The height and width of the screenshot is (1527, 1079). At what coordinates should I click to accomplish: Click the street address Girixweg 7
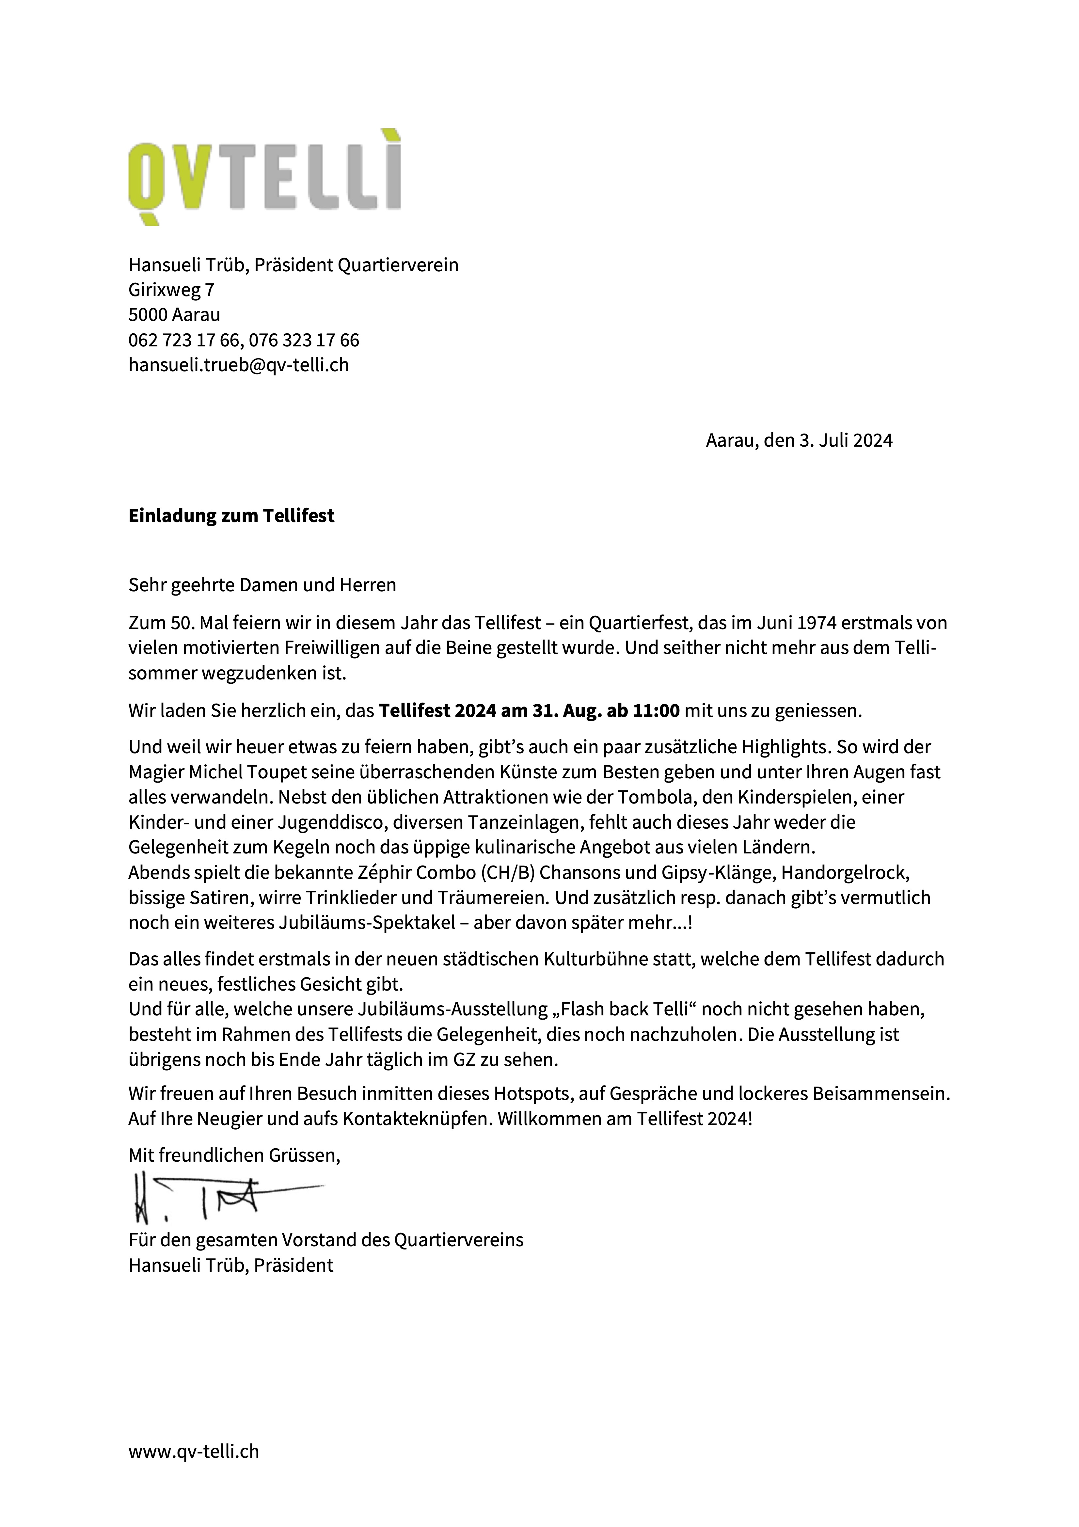click(x=171, y=290)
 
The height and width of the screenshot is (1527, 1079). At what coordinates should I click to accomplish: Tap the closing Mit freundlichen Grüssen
click(x=234, y=1155)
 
